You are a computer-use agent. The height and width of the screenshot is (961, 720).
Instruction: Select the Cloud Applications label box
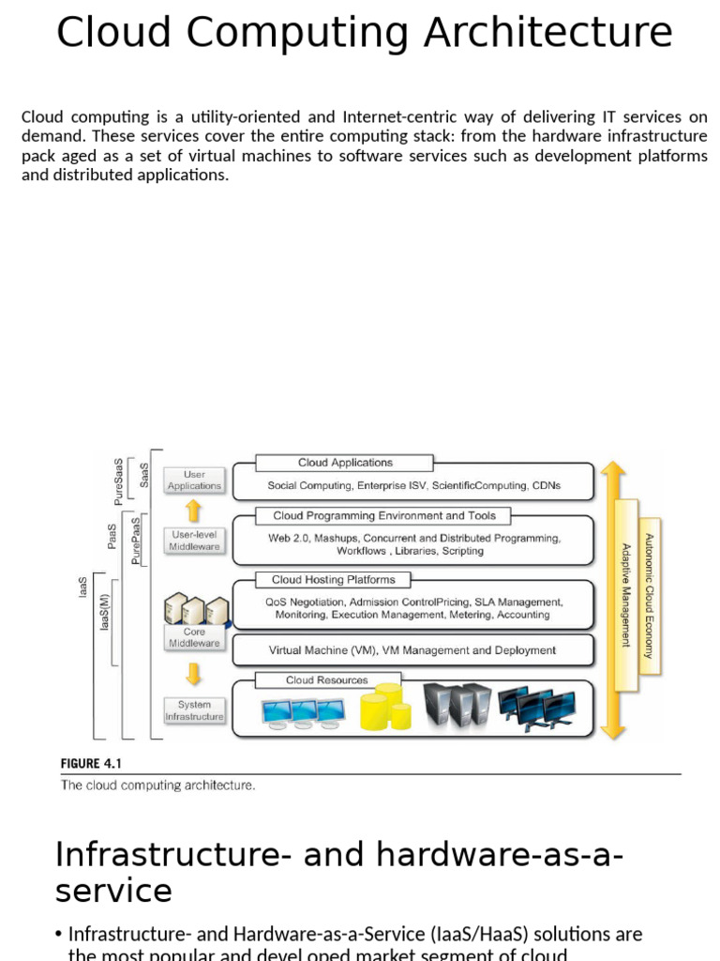click(345, 463)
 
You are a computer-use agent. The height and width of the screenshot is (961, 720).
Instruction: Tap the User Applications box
click(194, 480)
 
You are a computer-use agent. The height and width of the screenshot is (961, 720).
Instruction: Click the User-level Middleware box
click(194, 541)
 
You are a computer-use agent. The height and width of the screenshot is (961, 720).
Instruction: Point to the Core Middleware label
click(194, 637)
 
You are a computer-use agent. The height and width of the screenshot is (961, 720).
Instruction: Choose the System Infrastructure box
click(194, 710)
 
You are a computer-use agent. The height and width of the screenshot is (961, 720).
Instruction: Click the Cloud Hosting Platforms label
click(333, 580)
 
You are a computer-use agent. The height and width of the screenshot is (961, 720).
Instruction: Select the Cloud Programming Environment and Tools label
click(383, 515)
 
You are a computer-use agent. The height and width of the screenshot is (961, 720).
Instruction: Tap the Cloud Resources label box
click(327, 680)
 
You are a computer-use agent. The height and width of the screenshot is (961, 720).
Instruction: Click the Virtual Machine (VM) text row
click(412, 649)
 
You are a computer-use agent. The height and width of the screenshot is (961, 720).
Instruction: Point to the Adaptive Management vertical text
click(626, 595)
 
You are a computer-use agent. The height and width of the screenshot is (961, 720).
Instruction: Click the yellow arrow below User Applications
click(194, 511)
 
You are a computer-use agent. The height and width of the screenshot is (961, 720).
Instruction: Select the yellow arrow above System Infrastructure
click(194, 674)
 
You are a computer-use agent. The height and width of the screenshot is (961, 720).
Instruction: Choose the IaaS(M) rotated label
click(105, 612)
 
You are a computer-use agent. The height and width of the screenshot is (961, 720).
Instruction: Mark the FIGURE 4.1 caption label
click(93, 764)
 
